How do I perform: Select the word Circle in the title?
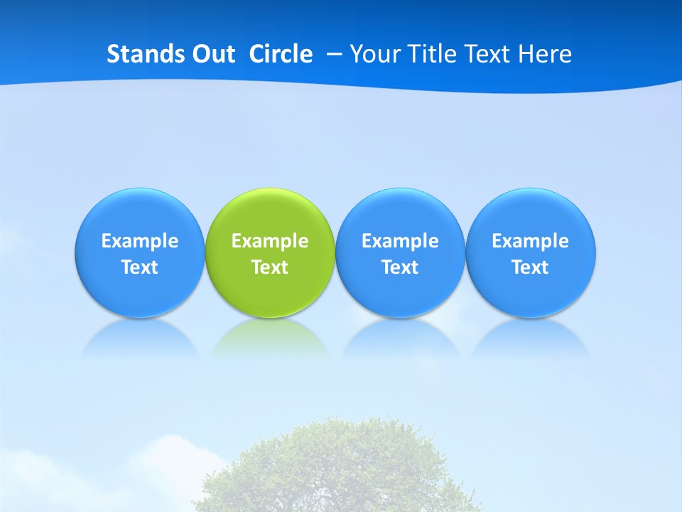click(x=281, y=54)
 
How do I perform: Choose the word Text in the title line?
click(x=489, y=54)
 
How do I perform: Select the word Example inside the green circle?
click(x=270, y=241)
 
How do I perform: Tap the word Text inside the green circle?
click(x=270, y=267)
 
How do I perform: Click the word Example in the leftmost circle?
click(x=140, y=241)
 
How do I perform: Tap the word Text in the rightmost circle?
click(x=531, y=267)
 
